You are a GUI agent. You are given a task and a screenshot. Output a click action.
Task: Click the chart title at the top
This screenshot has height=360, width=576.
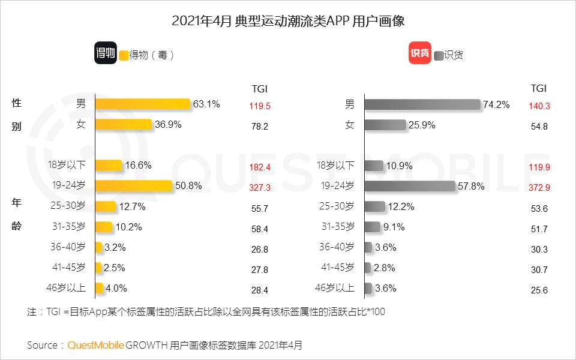click(x=288, y=22)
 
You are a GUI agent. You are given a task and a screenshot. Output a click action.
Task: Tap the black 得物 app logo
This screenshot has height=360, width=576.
click(x=106, y=53)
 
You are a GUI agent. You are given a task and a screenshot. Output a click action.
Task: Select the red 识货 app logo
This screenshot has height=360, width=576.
click(x=419, y=53)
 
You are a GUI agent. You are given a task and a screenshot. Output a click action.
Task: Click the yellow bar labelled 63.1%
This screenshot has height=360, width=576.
click(x=143, y=104)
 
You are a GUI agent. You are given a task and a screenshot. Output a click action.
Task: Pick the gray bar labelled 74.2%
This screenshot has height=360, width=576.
click(x=422, y=104)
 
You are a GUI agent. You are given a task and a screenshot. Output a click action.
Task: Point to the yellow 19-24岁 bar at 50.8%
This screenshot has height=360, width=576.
click(x=134, y=186)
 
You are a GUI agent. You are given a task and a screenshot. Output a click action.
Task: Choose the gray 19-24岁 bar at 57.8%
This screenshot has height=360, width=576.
click(x=409, y=187)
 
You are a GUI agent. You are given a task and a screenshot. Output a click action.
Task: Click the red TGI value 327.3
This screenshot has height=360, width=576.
click(x=260, y=188)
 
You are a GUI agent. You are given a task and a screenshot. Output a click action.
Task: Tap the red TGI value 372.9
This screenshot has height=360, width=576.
click(x=539, y=188)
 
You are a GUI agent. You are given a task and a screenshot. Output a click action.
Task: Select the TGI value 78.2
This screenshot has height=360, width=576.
click(x=260, y=127)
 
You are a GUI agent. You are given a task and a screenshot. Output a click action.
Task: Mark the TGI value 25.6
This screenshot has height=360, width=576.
click(x=539, y=290)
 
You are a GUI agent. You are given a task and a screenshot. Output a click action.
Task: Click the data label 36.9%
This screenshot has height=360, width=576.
click(x=168, y=125)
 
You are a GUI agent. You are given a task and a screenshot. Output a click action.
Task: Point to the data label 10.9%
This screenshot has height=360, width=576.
click(x=399, y=166)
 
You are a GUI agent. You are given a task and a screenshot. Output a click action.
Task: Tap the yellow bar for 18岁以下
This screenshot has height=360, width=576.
click(x=109, y=166)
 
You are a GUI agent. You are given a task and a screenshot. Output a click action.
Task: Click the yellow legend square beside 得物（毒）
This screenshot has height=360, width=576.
click(x=124, y=55)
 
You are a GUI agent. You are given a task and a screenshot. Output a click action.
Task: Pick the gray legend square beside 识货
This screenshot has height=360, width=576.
click(x=439, y=55)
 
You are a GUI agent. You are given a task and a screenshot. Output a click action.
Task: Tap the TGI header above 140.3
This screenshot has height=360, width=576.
click(x=539, y=88)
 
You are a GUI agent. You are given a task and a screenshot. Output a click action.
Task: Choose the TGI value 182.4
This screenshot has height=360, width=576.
click(x=260, y=167)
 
